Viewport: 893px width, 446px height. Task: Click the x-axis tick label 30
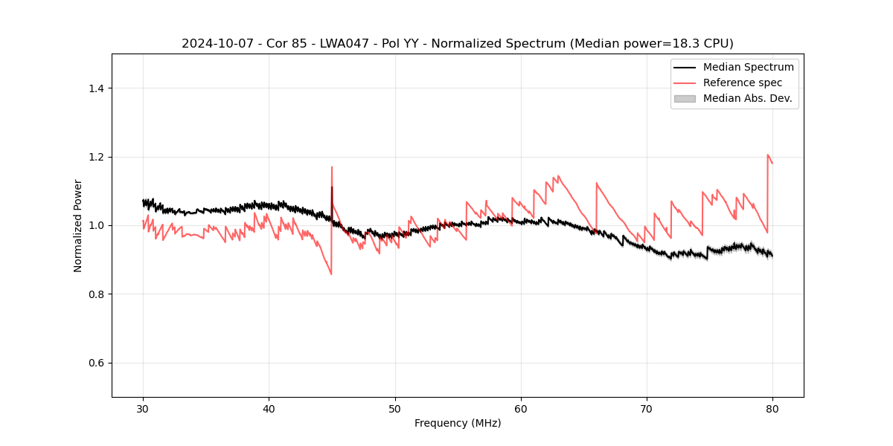[x=143, y=409]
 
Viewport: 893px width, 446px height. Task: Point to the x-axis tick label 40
[x=269, y=409]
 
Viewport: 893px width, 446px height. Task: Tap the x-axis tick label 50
[x=395, y=409]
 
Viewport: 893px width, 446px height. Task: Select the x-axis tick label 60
[x=521, y=409]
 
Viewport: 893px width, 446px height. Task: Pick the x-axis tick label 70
[x=647, y=409]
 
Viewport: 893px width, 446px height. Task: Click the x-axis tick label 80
[x=772, y=409]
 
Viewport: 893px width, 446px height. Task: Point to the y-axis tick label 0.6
[x=96, y=363]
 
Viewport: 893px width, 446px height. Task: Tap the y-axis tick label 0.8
[x=96, y=294]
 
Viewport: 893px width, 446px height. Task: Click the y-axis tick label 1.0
[x=96, y=225]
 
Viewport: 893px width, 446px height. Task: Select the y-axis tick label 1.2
[x=96, y=157]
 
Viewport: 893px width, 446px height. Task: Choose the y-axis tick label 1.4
[x=96, y=88]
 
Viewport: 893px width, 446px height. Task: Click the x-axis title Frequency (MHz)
[x=458, y=423]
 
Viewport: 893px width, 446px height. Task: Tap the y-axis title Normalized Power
[x=78, y=225]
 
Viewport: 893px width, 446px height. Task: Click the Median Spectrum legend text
[x=749, y=67]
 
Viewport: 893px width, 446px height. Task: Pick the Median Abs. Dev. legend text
[x=748, y=98]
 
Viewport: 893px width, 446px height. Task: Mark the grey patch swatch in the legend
[x=685, y=98]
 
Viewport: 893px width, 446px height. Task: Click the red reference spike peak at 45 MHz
[x=332, y=167]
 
